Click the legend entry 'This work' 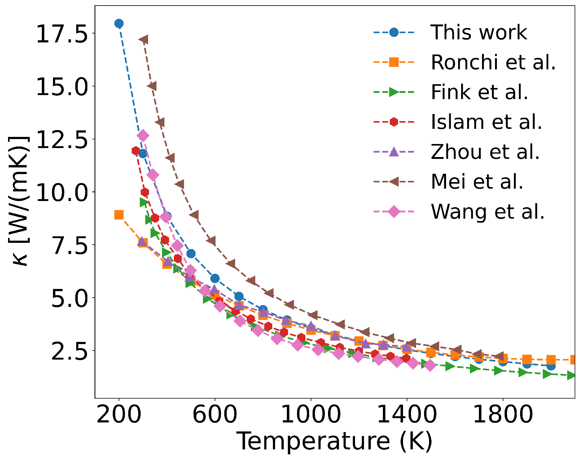pos(478,32)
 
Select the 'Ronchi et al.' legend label pos(493,62)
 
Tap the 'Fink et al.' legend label pos(479,92)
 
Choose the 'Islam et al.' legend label pos(486,122)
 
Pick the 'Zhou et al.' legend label pos(485,152)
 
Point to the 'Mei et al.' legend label pos(477,181)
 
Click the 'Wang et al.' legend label pos(488,212)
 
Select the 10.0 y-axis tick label pos(62,192)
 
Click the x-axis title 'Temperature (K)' pos(335,441)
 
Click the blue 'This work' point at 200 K pos(119,24)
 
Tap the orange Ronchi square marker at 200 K pos(119,215)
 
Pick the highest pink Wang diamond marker pos(143,136)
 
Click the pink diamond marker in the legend pos(394,212)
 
